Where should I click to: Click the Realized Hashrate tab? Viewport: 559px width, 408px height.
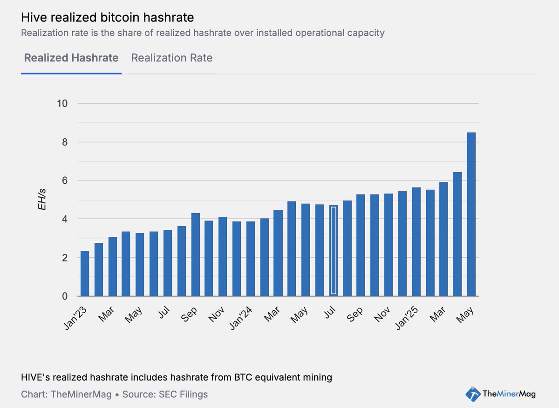(71, 58)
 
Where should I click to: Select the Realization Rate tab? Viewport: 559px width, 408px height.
(171, 58)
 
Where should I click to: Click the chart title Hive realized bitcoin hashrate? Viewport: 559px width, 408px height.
(107, 18)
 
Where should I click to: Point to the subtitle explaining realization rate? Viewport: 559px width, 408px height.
(203, 33)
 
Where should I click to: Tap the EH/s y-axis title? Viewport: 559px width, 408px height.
(42, 200)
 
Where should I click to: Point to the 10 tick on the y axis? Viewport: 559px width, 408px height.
(62, 103)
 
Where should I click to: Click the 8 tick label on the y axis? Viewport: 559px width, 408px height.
(65, 142)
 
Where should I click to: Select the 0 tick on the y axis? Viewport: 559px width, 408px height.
(65, 296)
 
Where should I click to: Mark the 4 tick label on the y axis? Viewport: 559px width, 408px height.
(65, 219)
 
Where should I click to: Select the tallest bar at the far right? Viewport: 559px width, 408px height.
(471, 214)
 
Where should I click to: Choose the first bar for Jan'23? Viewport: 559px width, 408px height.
(85, 273)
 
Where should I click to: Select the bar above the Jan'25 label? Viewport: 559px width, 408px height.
(416, 241)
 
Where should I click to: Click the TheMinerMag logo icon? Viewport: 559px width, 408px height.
(473, 394)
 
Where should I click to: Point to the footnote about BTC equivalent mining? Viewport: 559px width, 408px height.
(176, 377)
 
